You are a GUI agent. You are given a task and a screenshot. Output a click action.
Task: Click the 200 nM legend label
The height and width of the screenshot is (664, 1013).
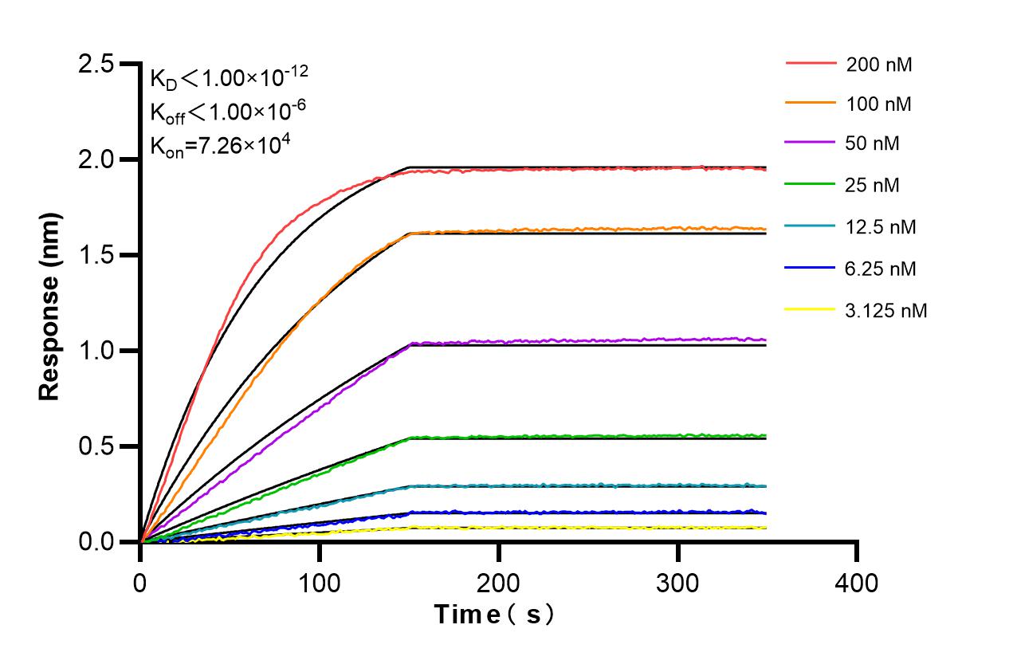[879, 65]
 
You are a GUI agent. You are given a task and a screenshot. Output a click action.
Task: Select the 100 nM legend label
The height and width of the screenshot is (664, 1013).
[879, 104]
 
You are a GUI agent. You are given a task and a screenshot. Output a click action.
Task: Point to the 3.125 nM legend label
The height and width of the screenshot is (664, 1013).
[886, 310]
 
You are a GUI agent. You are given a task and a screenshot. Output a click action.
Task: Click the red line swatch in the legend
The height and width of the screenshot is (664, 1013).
[811, 62]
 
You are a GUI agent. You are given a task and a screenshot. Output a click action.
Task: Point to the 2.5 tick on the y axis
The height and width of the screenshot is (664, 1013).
[97, 65]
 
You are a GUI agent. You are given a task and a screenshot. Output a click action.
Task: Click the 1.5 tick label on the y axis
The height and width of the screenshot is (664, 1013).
[97, 256]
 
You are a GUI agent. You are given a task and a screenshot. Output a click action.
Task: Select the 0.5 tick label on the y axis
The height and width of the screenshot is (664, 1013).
[97, 447]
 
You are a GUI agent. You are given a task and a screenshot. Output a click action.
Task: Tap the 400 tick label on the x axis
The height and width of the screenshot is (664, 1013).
[857, 583]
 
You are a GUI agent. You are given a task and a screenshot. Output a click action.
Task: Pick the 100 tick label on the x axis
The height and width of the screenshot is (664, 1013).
[320, 583]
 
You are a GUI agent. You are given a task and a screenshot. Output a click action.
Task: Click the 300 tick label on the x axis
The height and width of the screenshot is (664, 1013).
[677, 583]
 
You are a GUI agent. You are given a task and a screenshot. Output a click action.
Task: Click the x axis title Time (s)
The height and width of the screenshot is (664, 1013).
[493, 615]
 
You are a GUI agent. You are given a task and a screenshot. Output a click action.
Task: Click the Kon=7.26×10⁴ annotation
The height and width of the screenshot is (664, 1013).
[214, 145]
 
